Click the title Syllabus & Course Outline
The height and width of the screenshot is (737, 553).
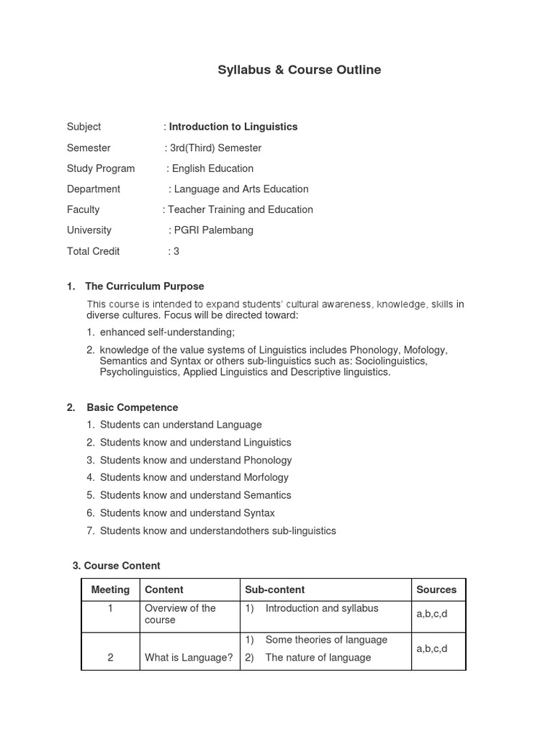(299, 70)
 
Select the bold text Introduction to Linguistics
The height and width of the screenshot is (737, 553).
(233, 127)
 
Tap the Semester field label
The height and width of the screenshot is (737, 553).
(89, 148)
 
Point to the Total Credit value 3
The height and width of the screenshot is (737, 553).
(176, 251)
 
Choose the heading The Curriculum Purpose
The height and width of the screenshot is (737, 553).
(145, 286)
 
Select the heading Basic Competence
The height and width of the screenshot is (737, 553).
(132, 407)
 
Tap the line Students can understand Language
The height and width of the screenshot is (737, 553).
(181, 425)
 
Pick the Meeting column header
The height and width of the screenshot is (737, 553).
(110, 589)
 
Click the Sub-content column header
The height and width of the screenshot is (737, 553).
(275, 589)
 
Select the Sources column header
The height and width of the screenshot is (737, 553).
(436, 589)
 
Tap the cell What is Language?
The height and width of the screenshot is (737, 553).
(189, 657)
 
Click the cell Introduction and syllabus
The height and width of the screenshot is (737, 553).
(321, 608)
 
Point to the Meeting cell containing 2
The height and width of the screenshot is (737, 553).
(110, 657)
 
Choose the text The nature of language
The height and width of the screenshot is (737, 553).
(318, 657)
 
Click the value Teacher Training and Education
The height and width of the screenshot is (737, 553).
(240, 209)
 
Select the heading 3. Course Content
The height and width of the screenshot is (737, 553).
(117, 566)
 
